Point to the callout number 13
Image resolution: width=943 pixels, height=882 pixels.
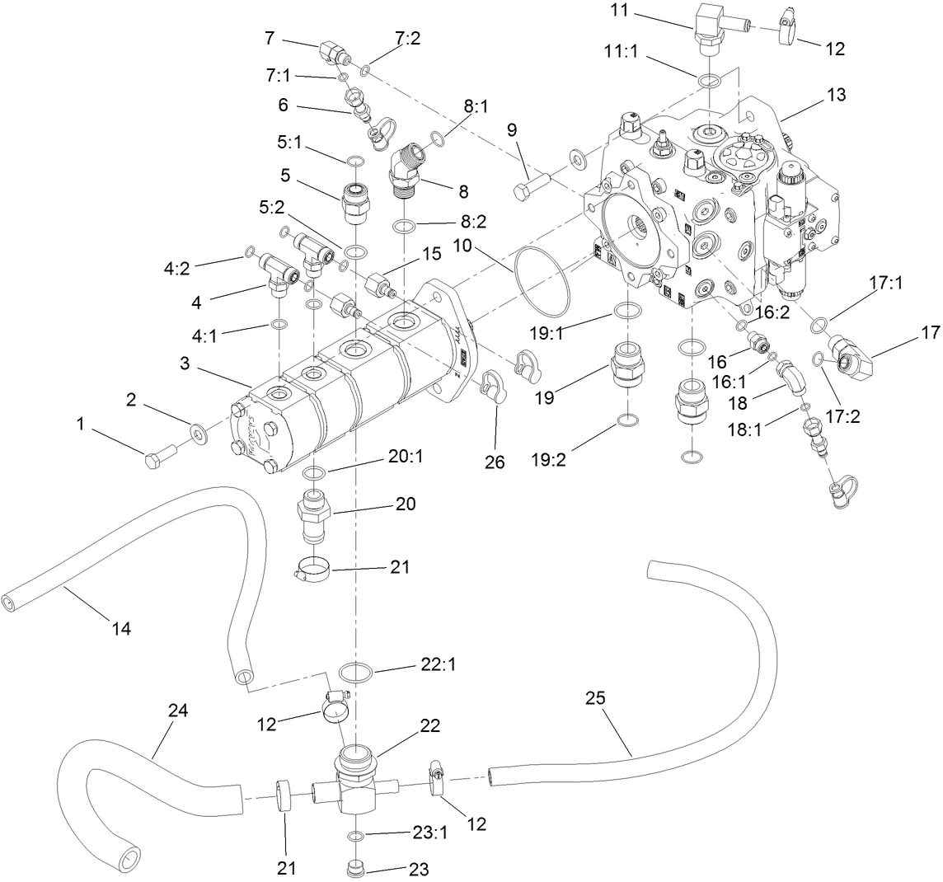pyautogui.click(x=836, y=95)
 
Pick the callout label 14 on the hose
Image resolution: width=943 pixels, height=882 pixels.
pyautogui.click(x=120, y=628)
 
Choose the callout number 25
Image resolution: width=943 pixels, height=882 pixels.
pyautogui.click(x=595, y=698)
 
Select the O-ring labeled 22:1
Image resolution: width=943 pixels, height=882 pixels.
pyautogui.click(x=355, y=672)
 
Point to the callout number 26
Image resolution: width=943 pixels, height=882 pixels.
pyautogui.click(x=494, y=462)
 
